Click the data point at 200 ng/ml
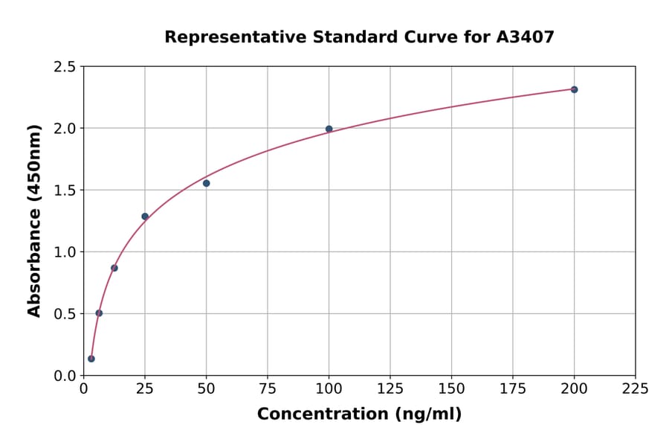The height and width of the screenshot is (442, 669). (574, 89)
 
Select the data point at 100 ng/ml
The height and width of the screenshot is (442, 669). (329, 129)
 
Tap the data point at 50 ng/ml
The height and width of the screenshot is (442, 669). (206, 183)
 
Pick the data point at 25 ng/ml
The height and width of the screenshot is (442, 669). (145, 217)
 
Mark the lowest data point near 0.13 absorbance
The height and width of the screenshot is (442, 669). (91, 359)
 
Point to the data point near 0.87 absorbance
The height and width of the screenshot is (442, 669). (114, 268)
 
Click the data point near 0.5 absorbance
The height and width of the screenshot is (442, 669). (99, 313)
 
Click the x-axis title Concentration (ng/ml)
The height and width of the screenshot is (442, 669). (359, 414)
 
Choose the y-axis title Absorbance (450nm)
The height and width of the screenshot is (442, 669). (34, 220)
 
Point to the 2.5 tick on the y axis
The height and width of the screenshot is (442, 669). (65, 67)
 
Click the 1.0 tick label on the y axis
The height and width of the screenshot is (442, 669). (65, 252)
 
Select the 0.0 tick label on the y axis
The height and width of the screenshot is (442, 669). (65, 376)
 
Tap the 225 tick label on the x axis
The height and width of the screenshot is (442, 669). (635, 389)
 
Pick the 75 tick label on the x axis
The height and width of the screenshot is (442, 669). (268, 389)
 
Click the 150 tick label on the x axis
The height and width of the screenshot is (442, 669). (451, 389)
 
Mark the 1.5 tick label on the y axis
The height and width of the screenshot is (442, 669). (65, 190)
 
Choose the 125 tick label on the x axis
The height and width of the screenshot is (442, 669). (390, 389)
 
